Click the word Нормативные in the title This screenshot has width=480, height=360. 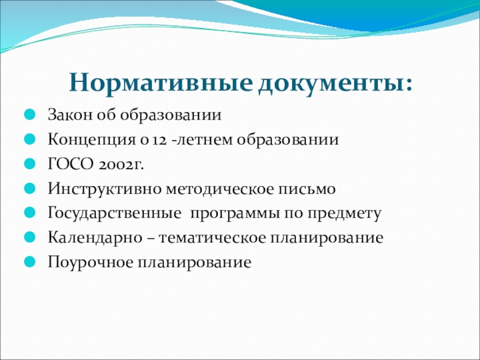click(161, 83)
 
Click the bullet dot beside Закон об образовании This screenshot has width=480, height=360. click(29, 115)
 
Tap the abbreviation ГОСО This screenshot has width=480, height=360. click(70, 164)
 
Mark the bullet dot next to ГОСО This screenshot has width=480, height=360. click(29, 164)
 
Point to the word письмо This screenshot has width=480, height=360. click(307, 189)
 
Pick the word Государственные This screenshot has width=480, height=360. click(114, 214)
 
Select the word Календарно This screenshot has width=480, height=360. click(95, 238)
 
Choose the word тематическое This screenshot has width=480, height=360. click(212, 238)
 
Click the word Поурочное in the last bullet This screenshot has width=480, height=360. click(91, 263)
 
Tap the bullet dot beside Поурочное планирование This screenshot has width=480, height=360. click(29, 262)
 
